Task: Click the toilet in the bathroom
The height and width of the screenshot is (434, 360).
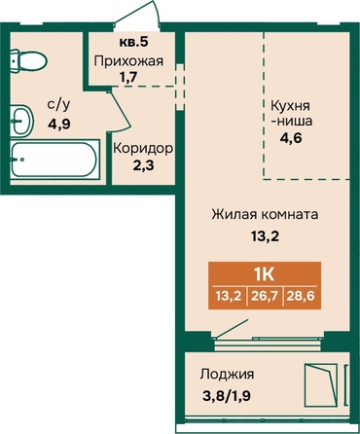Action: pyautogui.click(x=28, y=60)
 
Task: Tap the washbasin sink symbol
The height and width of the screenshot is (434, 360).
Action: pyautogui.click(x=21, y=121)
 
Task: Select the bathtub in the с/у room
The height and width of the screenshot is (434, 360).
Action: pyautogui.click(x=54, y=159)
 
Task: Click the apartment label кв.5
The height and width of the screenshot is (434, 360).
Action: pyautogui.click(x=134, y=42)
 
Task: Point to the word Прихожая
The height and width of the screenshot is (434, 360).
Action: pyautogui.click(x=128, y=60)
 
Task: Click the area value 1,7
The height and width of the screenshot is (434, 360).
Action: pyautogui.click(x=128, y=78)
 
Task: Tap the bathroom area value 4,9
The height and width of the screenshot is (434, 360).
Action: pyautogui.click(x=59, y=124)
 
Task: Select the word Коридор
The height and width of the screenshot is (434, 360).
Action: pyautogui.click(x=143, y=149)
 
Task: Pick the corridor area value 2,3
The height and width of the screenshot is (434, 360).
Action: pyautogui.click(x=143, y=165)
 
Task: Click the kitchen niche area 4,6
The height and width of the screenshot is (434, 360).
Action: pyautogui.click(x=291, y=138)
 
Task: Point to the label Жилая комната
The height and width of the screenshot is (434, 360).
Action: pyautogui.click(x=265, y=215)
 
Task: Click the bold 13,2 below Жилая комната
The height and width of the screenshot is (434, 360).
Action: pyautogui.click(x=265, y=236)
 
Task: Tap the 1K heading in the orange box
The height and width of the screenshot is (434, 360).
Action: pyautogui.click(x=265, y=274)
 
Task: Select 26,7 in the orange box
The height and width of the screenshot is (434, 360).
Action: pyautogui.click(x=265, y=296)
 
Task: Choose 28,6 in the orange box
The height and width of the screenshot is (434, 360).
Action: pyautogui.click(x=301, y=296)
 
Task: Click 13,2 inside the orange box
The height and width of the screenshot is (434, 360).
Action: pyautogui.click(x=229, y=296)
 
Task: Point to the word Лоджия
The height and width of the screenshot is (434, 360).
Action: pyautogui.click(x=227, y=375)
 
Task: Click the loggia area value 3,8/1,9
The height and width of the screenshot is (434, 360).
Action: pyautogui.click(x=226, y=396)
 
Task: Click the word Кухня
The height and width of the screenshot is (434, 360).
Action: pyautogui.click(x=290, y=106)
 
